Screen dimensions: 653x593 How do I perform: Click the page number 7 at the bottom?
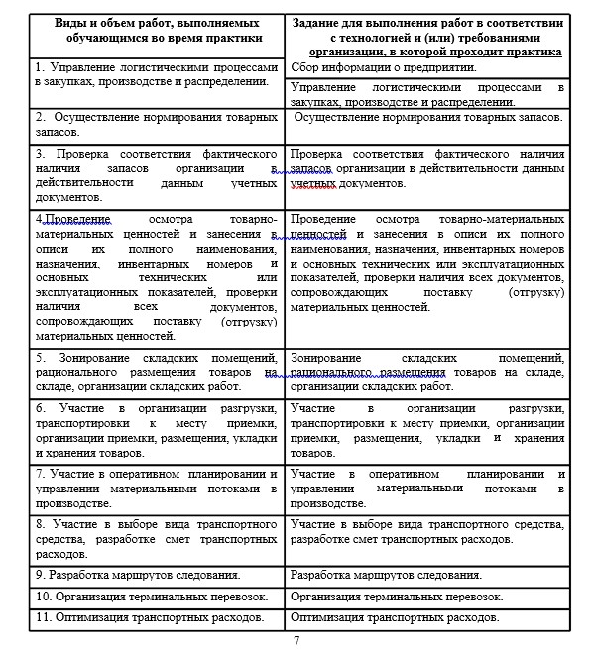click(296, 641)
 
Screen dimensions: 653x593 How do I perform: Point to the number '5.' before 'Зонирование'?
click(40, 358)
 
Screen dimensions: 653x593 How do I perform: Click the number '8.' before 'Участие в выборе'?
click(40, 523)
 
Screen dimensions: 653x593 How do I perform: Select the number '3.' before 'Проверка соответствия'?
click(40, 154)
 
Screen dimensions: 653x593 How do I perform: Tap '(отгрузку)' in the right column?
click(534, 292)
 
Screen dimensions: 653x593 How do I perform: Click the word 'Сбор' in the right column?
click(307, 67)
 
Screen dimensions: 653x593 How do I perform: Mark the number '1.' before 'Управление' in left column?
click(40, 66)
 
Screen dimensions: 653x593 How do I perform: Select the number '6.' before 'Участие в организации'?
click(40, 408)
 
